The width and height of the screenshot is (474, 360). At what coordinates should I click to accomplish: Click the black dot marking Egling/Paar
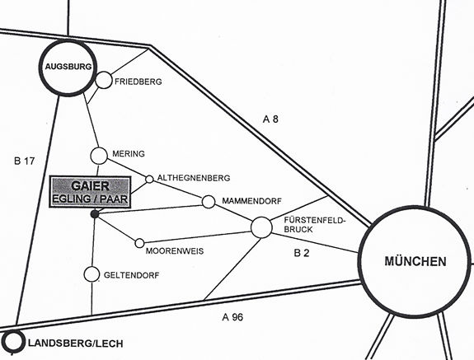pyautogui.click(x=95, y=214)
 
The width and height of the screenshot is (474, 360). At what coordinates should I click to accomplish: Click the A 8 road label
pyautogui.click(x=270, y=119)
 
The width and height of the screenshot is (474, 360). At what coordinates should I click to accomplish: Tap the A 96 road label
pyautogui.click(x=232, y=317)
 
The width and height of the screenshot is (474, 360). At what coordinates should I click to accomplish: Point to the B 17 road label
pyautogui.click(x=25, y=161)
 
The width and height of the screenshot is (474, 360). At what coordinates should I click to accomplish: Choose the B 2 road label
pyautogui.click(x=302, y=253)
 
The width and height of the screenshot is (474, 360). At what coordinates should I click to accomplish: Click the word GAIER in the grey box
pyautogui.click(x=91, y=185)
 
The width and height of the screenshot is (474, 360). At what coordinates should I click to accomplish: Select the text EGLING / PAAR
pyautogui.click(x=90, y=199)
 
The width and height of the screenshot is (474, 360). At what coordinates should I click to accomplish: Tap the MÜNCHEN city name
pyautogui.click(x=415, y=261)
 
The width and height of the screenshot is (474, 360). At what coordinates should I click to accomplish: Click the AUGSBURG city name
pyautogui.click(x=68, y=67)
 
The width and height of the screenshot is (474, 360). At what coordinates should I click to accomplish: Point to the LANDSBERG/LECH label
pyautogui.click(x=76, y=344)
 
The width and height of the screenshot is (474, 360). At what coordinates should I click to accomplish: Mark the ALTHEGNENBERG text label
pyautogui.click(x=194, y=178)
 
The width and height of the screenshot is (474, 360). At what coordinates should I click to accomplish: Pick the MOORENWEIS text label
pyautogui.click(x=175, y=251)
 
